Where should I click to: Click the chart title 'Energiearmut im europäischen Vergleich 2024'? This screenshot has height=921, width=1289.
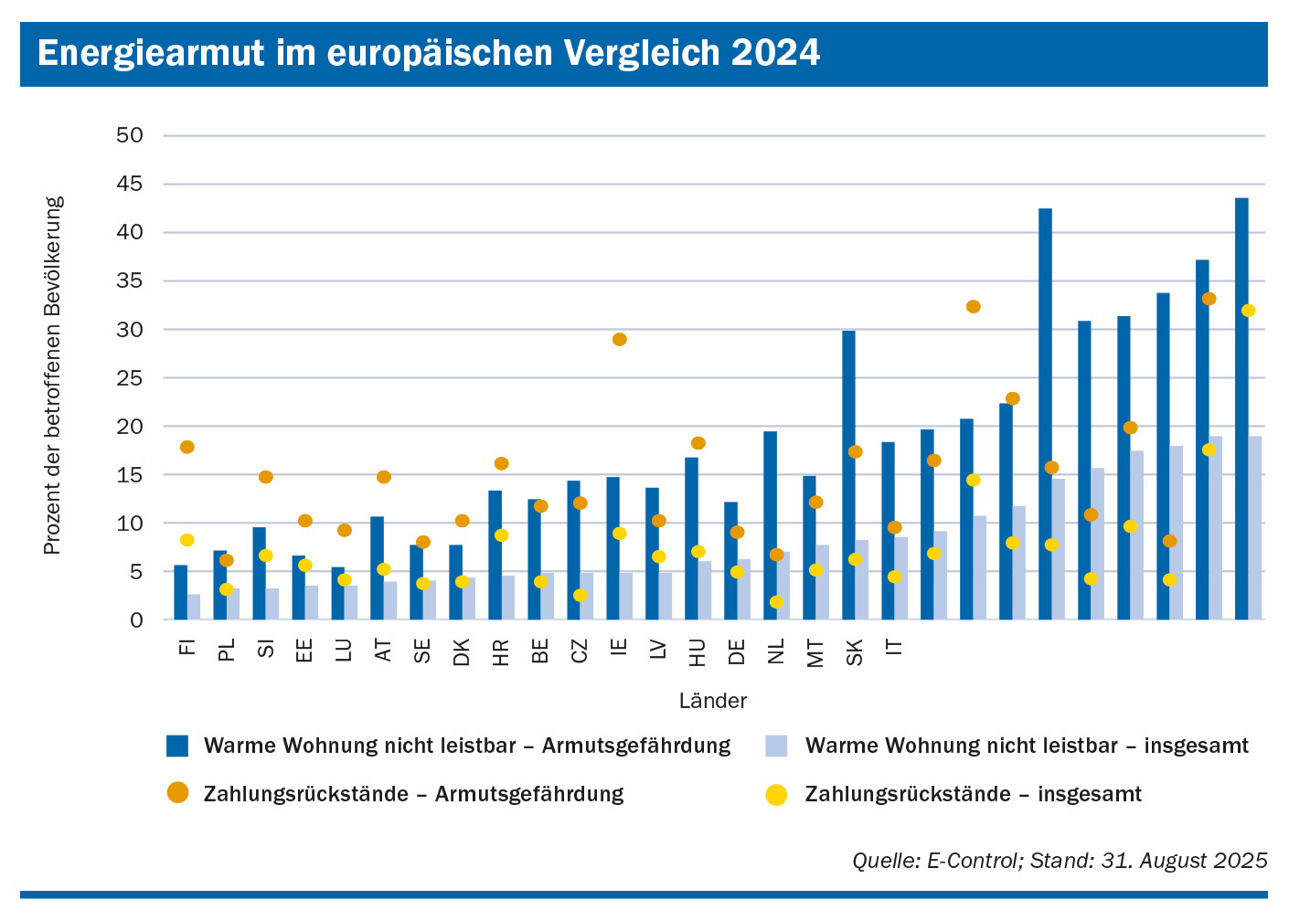(x=429, y=53)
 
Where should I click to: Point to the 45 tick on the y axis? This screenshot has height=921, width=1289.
(x=130, y=184)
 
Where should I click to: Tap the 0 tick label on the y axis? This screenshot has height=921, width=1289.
(x=136, y=620)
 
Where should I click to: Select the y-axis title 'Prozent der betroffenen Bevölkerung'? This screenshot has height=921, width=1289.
(x=52, y=376)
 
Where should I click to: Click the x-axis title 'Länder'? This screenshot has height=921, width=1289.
(x=713, y=701)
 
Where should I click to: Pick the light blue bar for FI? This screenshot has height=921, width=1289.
(x=194, y=607)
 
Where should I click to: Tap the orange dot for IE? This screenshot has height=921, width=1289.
(x=619, y=340)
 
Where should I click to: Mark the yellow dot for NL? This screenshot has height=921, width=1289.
(x=776, y=602)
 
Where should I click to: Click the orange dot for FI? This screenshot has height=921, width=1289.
(x=187, y=447)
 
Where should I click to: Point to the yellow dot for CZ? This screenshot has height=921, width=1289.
(x=580, y=596)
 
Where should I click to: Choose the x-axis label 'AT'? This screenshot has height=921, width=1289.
(x=384, y=650)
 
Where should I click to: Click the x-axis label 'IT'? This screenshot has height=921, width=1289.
(x=895, y=647)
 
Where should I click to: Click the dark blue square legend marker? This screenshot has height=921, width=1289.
(x=177, y=746)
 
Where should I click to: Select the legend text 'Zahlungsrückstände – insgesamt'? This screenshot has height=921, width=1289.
(x=973, y=794)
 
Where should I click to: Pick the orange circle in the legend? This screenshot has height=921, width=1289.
(x=177, y=793)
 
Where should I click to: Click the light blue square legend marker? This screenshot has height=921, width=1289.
(x=776, y=746)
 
